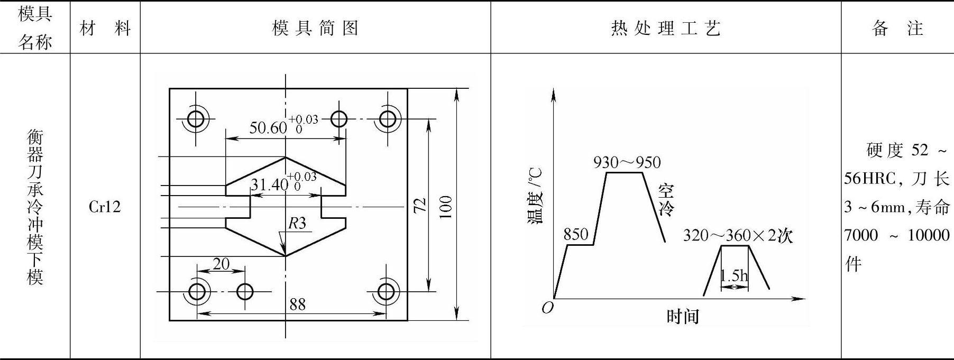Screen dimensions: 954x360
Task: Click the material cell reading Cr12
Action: (105, 207)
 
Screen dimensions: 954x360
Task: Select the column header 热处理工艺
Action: (665, 28)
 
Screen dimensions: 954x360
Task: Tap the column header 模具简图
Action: (315, 28)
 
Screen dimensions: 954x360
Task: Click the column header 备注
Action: (897, 28)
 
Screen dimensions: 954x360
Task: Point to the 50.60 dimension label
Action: (268, 128)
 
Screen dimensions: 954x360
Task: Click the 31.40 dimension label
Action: (269, 184)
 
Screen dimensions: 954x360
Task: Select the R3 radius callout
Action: (297, 223)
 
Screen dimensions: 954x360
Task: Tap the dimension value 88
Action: (297, 304)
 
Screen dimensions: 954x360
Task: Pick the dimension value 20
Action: (221, 263)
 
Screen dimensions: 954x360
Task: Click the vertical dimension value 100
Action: (446, 207)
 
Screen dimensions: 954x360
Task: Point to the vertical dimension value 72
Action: (419, 206)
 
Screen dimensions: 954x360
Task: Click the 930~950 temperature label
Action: (627, 162)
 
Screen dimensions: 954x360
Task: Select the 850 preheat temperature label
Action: (576, 234)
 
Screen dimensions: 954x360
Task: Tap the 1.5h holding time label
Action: (734, 275)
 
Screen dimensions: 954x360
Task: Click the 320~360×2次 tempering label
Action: (738, 235)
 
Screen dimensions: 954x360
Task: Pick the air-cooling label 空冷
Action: (666, 200)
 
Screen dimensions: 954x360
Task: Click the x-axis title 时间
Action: (682, 317)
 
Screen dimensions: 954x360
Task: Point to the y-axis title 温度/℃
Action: (535, 196)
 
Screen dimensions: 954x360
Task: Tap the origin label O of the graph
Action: (547, 308)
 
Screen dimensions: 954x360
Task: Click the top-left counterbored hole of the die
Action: (196, 119)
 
